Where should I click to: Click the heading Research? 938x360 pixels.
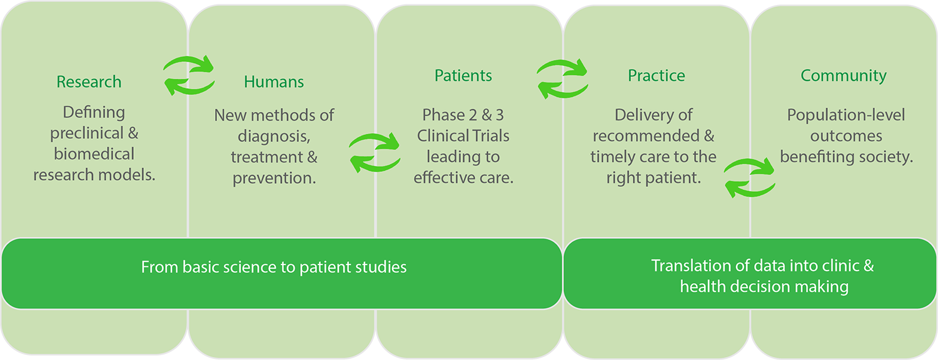(x=89, y=82)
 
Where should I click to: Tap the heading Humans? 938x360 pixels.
(x=274, y=82)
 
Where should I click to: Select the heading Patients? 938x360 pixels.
(x=463, y=76)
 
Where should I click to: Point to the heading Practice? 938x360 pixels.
(x=656, y=76)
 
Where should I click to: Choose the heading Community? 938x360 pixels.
(x=844, y=76)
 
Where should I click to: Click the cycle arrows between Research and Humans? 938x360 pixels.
(x=189, y=76)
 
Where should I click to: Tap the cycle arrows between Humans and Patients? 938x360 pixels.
(x=375, y=152)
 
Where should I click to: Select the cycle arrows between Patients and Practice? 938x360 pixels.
(x=562, y=79)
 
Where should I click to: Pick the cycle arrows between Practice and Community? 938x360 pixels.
(x=750, y=177)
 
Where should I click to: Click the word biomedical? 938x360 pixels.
(x=94, y=154)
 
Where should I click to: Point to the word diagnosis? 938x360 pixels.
(x=274, y=137)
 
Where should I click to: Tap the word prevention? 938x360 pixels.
(x=274, y=178)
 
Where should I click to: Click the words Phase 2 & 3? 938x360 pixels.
(x=463, y=115)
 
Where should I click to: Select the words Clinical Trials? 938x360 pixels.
(x=463, y=136)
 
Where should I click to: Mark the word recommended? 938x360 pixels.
(x=646, y=136)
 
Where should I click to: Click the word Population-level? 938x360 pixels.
(x=846, y=115)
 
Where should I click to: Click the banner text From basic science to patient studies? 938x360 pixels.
(x=274, y=267)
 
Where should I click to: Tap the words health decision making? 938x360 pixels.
(x=764, y=287)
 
